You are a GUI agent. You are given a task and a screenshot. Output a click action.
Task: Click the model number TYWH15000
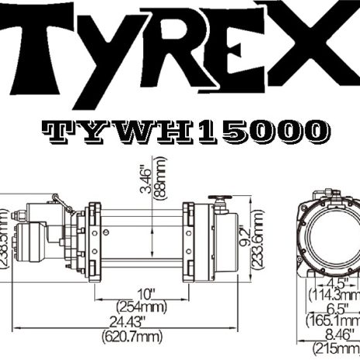point(183,132)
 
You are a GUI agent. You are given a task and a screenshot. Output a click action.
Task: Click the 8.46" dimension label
point(336,334)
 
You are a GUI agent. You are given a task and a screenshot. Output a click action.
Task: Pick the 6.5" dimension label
point(334,307)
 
